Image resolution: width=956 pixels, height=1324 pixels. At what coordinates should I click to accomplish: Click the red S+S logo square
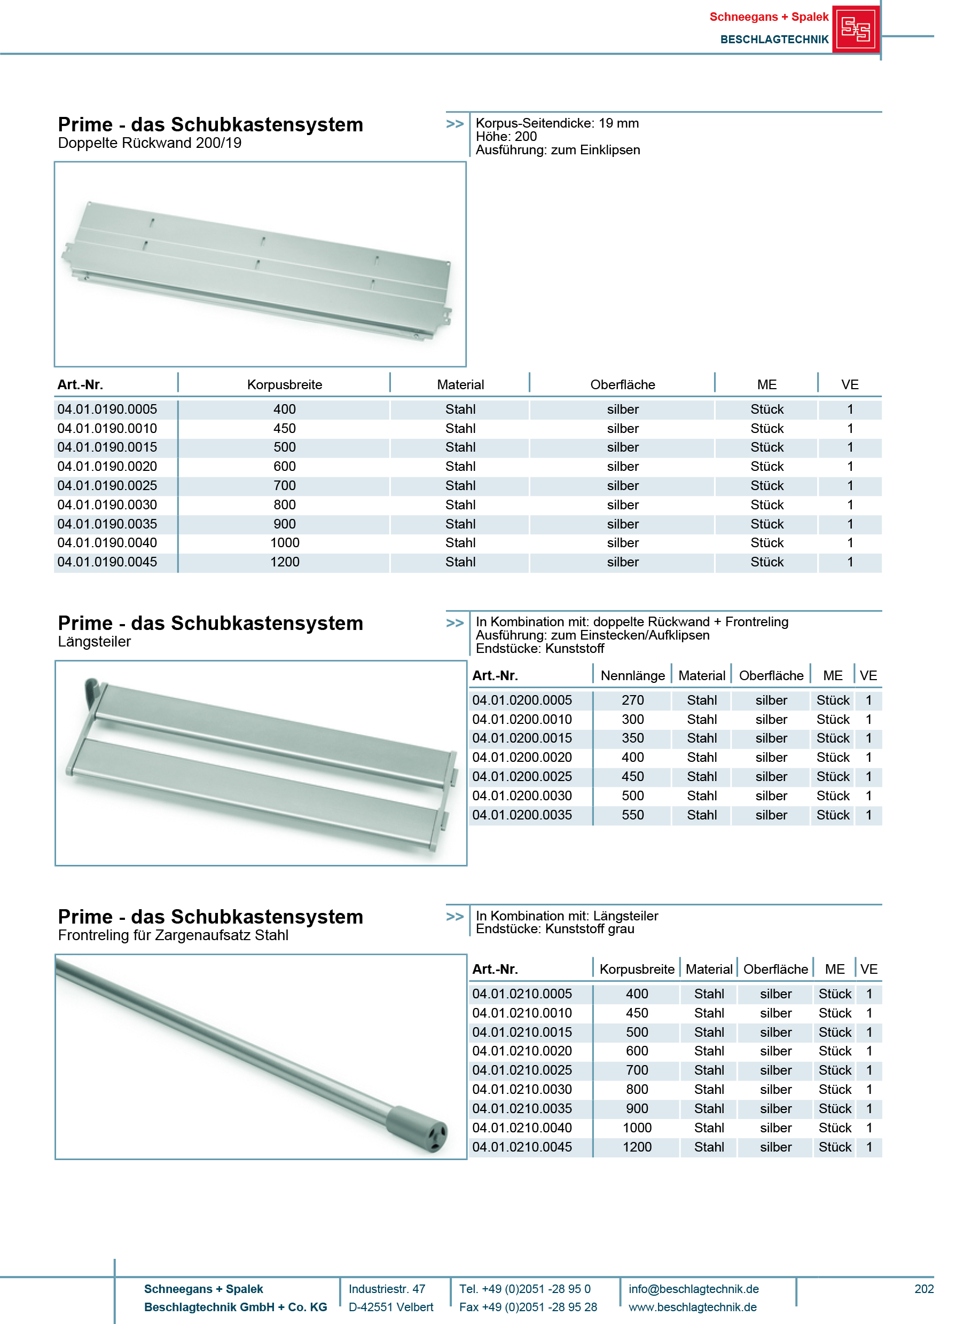click(855, 29)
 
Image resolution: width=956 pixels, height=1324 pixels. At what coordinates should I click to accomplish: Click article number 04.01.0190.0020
click(107, 467)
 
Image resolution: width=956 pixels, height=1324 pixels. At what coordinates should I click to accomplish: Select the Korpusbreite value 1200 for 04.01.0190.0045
click(285, 562)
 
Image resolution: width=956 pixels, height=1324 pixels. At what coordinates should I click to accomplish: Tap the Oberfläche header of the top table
click(623, 385)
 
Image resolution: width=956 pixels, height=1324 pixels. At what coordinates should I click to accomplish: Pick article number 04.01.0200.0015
click(522, 738)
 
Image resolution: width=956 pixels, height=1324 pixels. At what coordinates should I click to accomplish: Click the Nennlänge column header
click(632, 675)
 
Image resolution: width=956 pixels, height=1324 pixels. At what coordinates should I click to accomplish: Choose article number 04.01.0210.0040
click(522, 1128)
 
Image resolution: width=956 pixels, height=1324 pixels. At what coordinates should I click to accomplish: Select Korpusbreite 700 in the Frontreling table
click(637, 1070)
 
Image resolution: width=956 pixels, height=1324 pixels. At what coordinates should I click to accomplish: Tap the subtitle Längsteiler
click(95, 642)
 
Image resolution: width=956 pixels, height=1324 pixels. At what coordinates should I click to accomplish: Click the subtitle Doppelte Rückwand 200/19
click(150, 143)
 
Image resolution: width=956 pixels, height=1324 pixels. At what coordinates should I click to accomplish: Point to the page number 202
click(924, 1289)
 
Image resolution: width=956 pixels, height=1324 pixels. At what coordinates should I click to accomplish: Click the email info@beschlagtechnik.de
click(694, 1289)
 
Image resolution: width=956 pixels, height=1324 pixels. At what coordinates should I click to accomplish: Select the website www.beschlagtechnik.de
click(693, 1307)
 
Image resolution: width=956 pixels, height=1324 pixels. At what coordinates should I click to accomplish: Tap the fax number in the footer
click(528, 1307)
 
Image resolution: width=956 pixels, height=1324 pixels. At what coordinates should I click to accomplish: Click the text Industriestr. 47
click(387, 1289)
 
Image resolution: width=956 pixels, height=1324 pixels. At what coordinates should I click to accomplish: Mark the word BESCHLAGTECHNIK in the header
click(774, 39)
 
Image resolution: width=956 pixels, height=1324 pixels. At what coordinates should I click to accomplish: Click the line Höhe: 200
click(506, 137)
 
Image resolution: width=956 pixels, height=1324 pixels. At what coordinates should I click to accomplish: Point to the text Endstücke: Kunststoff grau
click(555, 929)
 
